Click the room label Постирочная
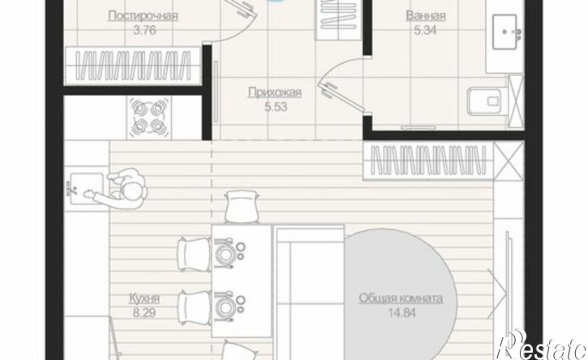coord(143,16)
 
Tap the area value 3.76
coord(144,30)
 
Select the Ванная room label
coord(426,16)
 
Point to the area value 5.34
coord(425,30)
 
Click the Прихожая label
coord(275,92)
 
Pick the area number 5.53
coord(276,107)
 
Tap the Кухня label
coord(144,299)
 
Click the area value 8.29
coord(144,313)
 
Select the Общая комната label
coord(401,298)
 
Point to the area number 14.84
coord(401,313)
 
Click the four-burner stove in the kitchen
coord(149,118)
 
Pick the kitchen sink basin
coord(87,188)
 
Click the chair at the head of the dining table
coord(242,207)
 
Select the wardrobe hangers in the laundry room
coord(133,65)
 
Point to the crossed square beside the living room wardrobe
coord(509,161)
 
